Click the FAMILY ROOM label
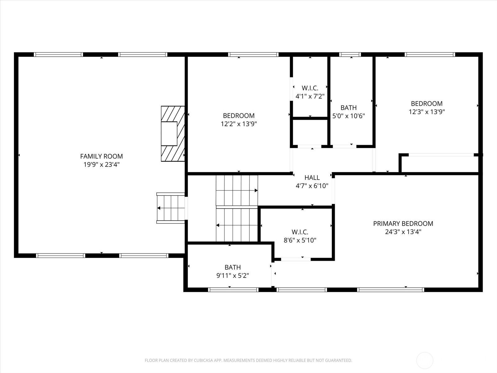point(101,156)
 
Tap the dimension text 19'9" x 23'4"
point(101,164)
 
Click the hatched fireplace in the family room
point(173,134)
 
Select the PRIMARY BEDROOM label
point(403,223)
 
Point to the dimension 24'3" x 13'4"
point(403,232)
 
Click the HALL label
point(312,177)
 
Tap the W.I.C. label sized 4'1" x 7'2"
point(310,88)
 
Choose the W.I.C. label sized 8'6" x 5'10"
point(300,232)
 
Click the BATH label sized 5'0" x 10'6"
point(348,108)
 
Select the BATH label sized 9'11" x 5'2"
point(233,267)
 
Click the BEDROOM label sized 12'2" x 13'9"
point(239,116)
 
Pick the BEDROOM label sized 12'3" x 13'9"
point(426,104)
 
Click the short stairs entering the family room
point(171,208)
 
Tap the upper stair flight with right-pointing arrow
point(237,190)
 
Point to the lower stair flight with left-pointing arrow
point(237,225)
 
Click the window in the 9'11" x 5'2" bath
point(233,290)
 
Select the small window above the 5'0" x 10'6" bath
point(350,55)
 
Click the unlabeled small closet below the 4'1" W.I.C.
point(310,132)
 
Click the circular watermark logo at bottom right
point(425,361)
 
